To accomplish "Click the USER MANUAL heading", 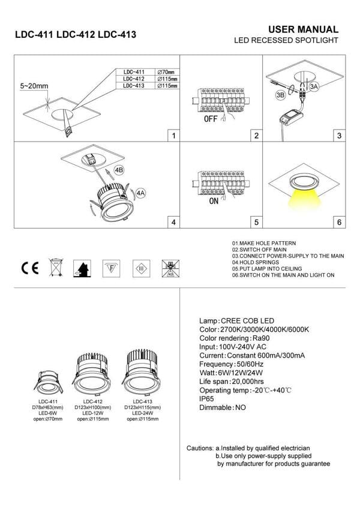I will click(x=303, y=29).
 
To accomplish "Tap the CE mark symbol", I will click(x=30, y=268).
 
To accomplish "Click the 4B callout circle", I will click(x=118, y=170).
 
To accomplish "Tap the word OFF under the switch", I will click(x=211, y=119).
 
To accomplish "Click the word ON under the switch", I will click(x=214, y=202).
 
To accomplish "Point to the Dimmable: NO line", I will click(x=223, y=407).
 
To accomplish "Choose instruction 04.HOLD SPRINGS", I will click(x=255, y=263).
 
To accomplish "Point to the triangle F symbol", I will click(x=109, y=268).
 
